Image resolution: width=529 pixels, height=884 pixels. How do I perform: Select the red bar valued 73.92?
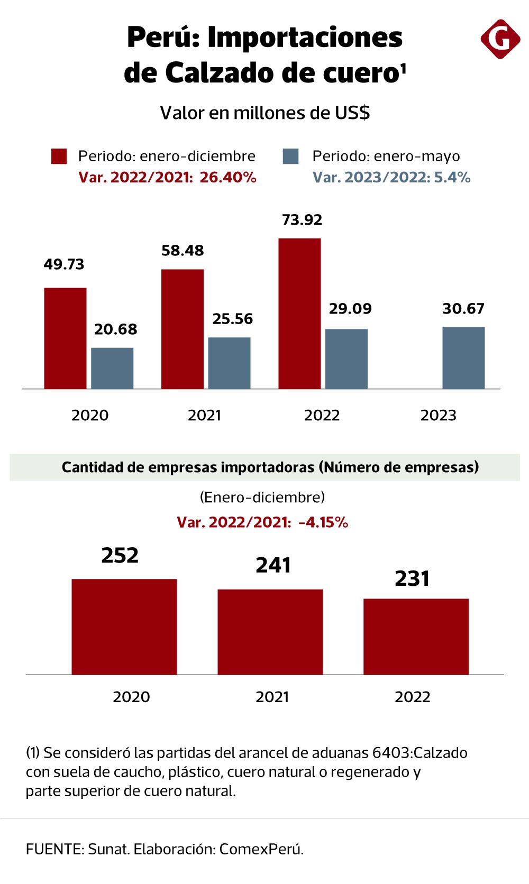(x=299, y=314)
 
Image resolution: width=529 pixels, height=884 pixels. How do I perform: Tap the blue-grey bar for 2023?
(x=463, y=358)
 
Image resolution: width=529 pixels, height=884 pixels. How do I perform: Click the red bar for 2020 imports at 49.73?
(x=65, y=338)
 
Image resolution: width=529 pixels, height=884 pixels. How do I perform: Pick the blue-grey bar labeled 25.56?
(x=229, y=363)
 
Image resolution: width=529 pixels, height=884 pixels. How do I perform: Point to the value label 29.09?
(x=348, y=308)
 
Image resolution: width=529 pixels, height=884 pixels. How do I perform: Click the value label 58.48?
(x=183, y=250)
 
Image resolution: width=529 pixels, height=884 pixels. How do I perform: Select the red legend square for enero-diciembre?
(x=59, y=156)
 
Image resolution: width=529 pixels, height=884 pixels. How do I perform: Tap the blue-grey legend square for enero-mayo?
(x=291, y=156)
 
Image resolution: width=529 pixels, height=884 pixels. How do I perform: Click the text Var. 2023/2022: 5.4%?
(x=391, y=178)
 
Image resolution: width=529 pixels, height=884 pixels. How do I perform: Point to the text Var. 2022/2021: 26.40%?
(x=167, y=178)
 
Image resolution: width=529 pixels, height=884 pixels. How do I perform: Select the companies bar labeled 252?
(x=124, y=627)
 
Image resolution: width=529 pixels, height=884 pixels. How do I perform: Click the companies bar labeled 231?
(x=416, y=637)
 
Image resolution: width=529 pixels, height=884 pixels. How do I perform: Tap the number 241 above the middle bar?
(x=273, y=566)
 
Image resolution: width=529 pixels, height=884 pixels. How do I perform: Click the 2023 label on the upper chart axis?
(x=438, y=415)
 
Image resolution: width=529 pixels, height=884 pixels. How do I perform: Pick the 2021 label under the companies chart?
(x=272, y=697)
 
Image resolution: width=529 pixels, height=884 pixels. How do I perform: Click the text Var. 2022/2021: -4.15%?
(x=262, y=523)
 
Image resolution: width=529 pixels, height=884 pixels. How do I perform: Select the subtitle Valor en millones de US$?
(x=264, y=113)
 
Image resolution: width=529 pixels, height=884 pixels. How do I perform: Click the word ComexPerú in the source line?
(x=261, y=850)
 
